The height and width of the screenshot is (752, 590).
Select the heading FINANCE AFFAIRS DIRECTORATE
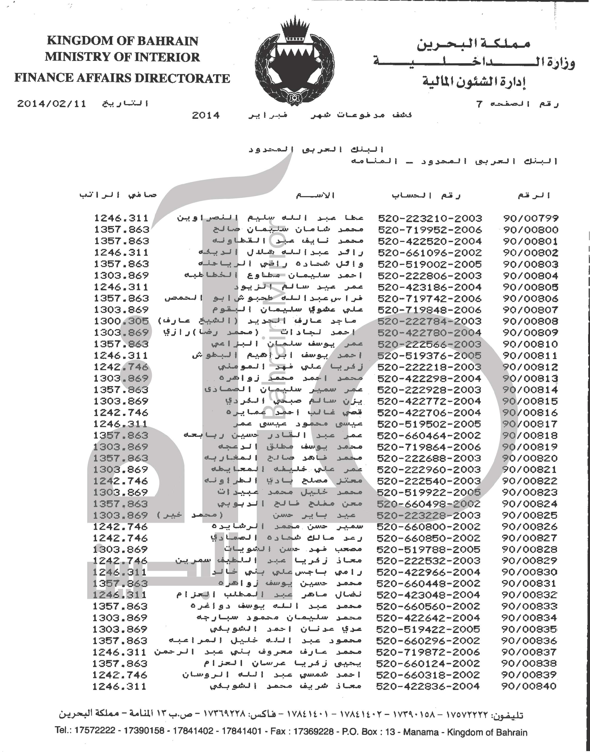pos(122,78)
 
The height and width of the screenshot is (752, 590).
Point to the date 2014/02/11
pos(52,104)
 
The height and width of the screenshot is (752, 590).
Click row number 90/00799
pos(531,218)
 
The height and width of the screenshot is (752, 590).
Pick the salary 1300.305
pos(121,321)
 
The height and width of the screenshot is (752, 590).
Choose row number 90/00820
pos(530,458)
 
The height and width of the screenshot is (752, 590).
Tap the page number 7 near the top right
pos(479,104)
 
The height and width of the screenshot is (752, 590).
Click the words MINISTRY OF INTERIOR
pos(122,57)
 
